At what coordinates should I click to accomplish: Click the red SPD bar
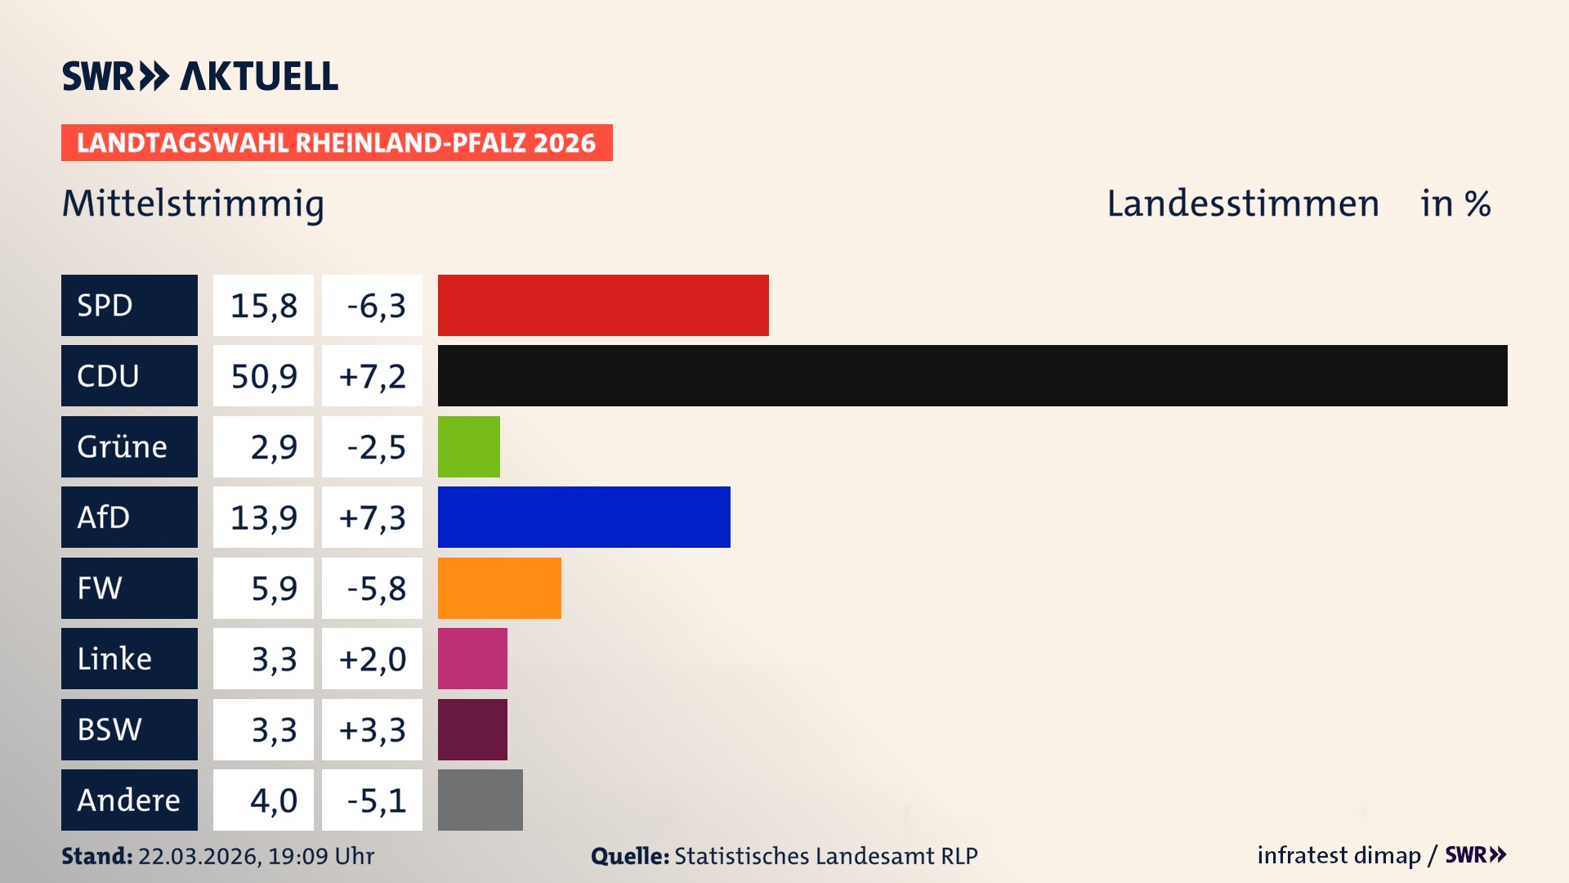pyautogui.click(x=603, y=305)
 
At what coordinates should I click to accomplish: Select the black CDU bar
pyautogui.click(x=972, y=375)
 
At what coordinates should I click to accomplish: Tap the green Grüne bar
pyautogui.click(x=468, y=446)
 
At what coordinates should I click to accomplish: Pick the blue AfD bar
pyautogui.click(x=583, y=517)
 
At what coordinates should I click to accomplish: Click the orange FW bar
pyautogui.click(x=499, y=588)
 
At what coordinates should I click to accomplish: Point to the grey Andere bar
pyautogui.click(x=480, y=800)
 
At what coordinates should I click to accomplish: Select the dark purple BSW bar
pyautogui.click(x=472, y=729)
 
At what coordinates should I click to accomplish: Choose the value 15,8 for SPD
pyautogui.click(x=263, y=305)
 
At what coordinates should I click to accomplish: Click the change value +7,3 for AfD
pyautogui.click(x=372, y=517)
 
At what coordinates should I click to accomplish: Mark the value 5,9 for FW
pyautogui.click(x=273, y=588)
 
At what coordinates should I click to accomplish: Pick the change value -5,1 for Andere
pyautogui.click(x=375, y=800)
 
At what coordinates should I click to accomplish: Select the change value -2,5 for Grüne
pyautogui.click(x=375, y=446)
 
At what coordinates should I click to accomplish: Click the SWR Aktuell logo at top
pyautogui.click(x=199, y=76)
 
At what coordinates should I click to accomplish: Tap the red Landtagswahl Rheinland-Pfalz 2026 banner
pyautogui.click(x=336, y=142)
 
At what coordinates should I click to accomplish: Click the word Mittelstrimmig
pyautogui.click(x=193, y=204)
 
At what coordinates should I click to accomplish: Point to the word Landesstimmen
pyautogui.click(x=1242, y=204)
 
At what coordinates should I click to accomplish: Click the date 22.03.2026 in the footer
pyautogui.click(x=199, y=856)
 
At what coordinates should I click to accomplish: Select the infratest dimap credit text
pyautogui.click(x=1339, y=855)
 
